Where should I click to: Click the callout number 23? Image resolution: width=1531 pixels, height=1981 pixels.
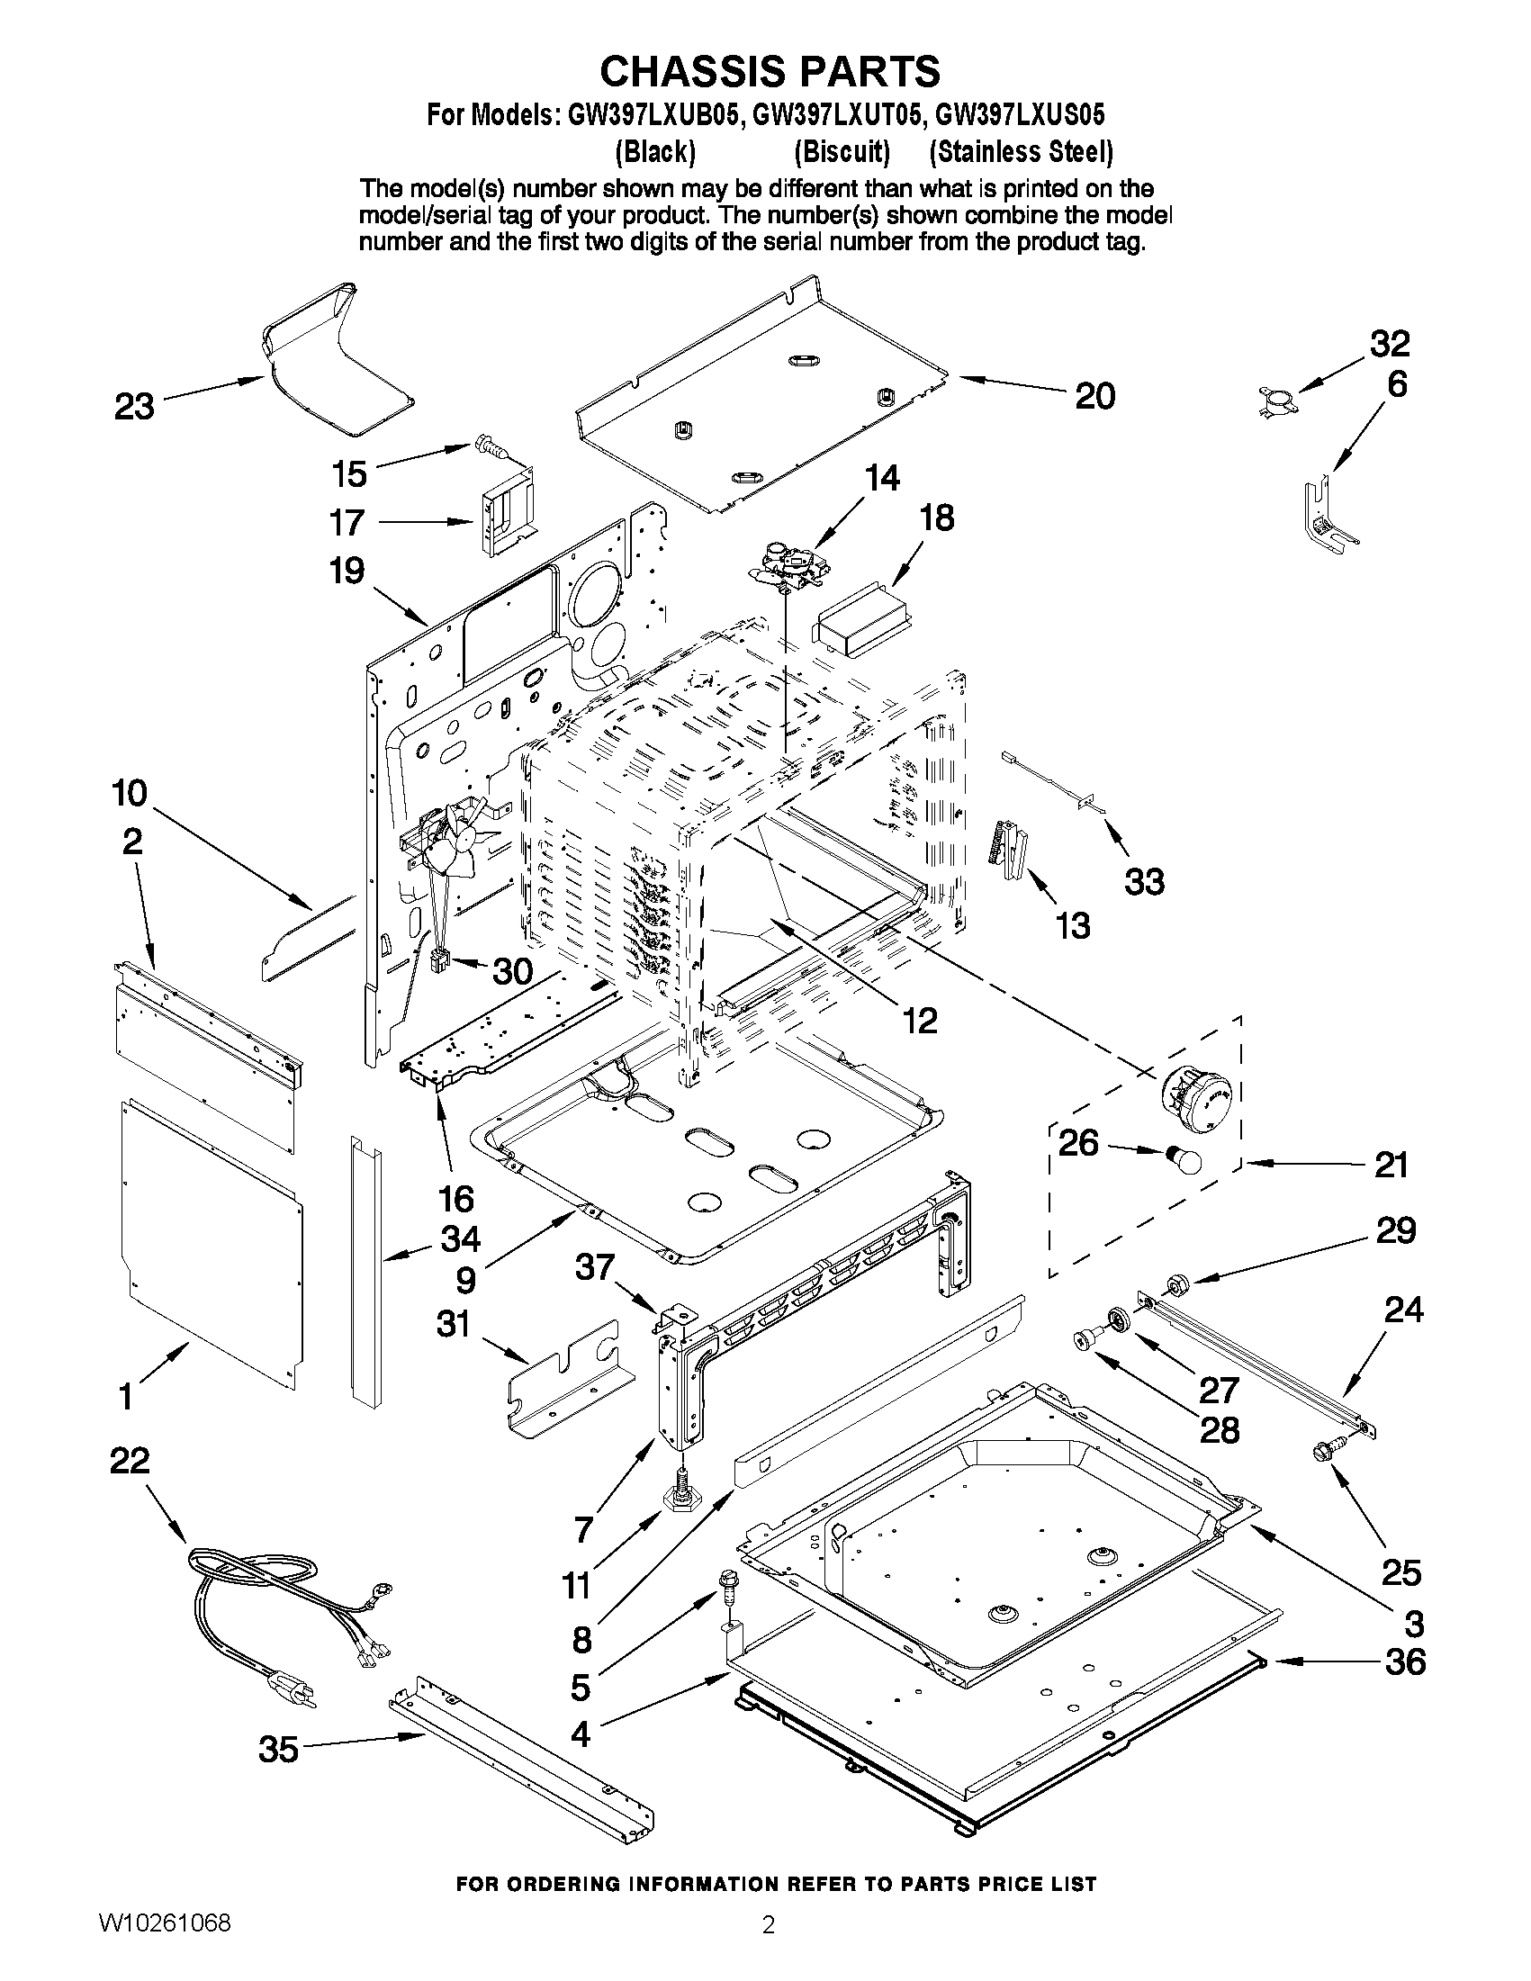(x=134, y=406)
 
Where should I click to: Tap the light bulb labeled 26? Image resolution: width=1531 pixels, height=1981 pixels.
(x=1183, y=1159)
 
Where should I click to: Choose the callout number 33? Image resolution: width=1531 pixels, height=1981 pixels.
(x=1144, y=881)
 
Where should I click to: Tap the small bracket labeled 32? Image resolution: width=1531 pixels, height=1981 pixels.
(x=1276, y=399)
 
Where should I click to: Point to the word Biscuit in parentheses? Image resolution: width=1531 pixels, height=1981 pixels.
(x=841, y=151)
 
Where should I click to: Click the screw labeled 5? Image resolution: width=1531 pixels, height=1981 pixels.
(x=728, y=1583)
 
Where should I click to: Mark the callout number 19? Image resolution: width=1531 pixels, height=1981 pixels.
(x=347, y=571)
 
